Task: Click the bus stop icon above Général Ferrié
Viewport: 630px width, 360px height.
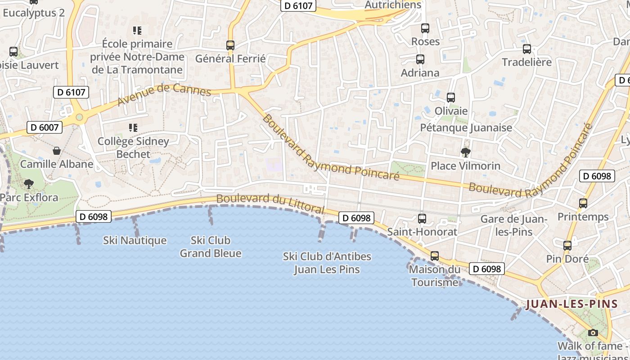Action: point(230,45)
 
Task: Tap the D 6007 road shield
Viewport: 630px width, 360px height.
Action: point(45,127)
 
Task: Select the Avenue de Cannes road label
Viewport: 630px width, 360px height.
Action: point(164,94)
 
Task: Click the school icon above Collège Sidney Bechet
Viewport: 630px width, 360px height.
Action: point(133,128)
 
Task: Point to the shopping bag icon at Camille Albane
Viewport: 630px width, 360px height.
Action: point(57,150)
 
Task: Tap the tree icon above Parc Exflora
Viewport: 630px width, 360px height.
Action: point(29,184)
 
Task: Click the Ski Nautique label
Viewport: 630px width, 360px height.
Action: point(135,241)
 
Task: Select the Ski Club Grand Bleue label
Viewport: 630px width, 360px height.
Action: point(210,247)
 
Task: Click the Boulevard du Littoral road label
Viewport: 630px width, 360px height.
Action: point(270,203)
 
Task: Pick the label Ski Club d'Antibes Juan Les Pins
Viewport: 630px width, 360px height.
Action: point(327,263)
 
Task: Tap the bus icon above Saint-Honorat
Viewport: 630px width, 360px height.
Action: point(422,219)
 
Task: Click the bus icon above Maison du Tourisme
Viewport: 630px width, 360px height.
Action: point(434,256)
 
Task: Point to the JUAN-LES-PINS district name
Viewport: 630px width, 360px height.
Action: point(572,304)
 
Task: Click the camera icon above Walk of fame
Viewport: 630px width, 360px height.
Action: point(593,333)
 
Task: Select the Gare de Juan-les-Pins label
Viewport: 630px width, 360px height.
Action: point(513,225)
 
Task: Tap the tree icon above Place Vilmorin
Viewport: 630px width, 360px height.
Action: point(465,152)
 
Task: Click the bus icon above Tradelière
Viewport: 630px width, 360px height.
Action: point(526,49)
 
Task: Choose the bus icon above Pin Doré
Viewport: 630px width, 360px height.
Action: point(567,246)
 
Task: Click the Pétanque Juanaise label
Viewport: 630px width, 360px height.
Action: point(466,128)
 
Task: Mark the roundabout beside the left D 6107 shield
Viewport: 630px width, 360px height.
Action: point(79,117)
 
